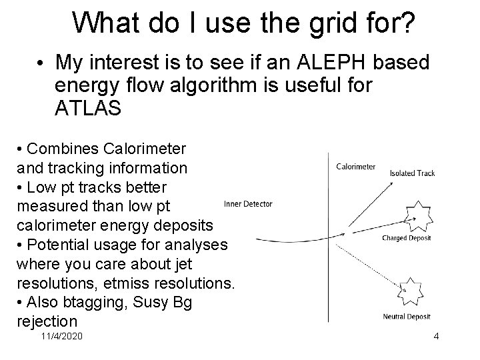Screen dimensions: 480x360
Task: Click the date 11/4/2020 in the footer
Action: tap(61, 337)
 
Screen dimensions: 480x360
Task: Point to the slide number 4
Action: tap(436, 337)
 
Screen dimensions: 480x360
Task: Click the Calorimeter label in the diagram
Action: tap(355, 167)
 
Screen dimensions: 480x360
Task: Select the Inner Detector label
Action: tap(248, 204)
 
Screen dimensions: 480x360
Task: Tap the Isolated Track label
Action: tap(412, 173)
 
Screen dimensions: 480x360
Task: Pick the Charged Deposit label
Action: tap(407, 238)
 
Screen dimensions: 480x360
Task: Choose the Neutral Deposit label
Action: tap(407, 316)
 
